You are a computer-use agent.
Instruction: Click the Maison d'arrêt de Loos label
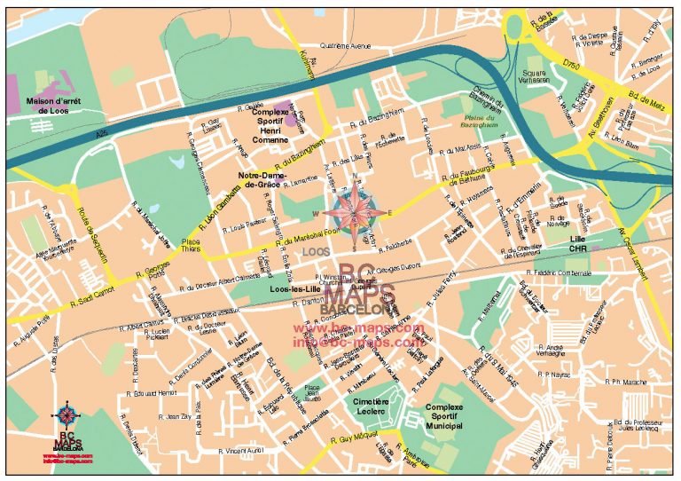tap(53, 105)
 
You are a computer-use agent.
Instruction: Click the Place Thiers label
tap(191, 245)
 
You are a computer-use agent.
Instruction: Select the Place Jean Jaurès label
tap(312, 392)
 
